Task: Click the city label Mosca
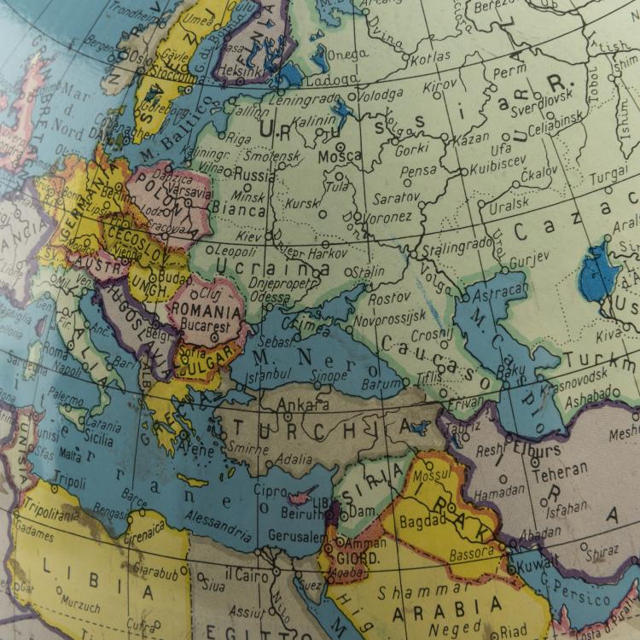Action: pyautogui.click(x=340, y=158)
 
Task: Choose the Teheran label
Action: pyautogui.click(x=560, y=470)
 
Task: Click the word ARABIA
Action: pyautogui.click(x=446, y=608)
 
